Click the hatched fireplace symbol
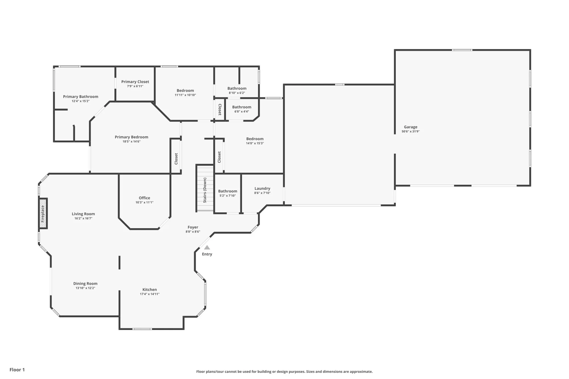(43, 213)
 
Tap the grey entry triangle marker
(207, 248)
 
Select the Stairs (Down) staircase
(205, 188)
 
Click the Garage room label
(410, 127)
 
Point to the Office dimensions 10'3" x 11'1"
(144, 202)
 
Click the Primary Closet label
(135, 82)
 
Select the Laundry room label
(262, 188)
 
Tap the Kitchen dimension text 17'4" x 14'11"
(150, 294)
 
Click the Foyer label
(193, 227)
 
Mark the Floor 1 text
(17, 370)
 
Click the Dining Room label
(85, 283)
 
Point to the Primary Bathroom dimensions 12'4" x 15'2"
(81, 101)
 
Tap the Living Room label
(83, 214)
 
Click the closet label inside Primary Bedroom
(176, 158)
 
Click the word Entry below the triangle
(207, 254)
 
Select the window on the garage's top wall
(462, 50)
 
